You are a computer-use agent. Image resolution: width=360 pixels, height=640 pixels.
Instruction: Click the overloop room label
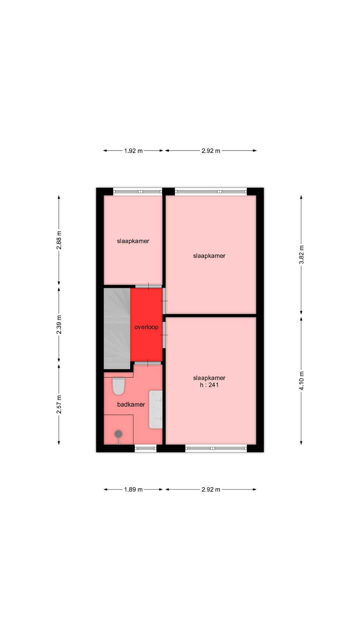[x=146, y=327]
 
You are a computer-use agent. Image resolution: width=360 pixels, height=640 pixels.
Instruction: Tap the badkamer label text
[x=131, y=404]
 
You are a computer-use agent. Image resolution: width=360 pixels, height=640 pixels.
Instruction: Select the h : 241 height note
[x=209, y=385]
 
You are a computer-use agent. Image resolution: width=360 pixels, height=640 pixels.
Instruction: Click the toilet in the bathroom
[x=118, y=386]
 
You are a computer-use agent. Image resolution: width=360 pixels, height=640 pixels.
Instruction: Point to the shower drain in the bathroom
[x=118, y=434]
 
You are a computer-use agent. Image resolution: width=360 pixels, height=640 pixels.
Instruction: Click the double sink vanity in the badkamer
[x=156, y=409]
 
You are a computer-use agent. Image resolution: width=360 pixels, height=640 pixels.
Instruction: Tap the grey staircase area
[x=117, y=329]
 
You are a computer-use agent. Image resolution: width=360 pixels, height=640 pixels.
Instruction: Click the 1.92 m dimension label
[x=133, y=151]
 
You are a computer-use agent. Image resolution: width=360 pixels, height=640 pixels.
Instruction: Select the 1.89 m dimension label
[x=133, y=489]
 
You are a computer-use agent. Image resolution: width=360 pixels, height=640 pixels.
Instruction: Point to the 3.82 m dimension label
[x=301, y=255]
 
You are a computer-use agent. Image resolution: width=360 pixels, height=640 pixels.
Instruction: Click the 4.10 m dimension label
[x=301, y=381]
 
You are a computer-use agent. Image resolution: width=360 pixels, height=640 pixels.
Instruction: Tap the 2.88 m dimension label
[x=59, y=240]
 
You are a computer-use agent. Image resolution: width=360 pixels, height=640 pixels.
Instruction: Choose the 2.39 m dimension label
[x=59, y=325]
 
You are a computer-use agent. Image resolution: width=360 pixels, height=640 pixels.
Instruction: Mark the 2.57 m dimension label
[x=59, y=405]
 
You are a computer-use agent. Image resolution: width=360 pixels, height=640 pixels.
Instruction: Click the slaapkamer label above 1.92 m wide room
[x=133, y=241]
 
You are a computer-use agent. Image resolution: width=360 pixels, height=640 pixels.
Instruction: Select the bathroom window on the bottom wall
[x=146, y=448]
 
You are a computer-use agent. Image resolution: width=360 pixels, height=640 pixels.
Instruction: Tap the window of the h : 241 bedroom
[x=216, y=448]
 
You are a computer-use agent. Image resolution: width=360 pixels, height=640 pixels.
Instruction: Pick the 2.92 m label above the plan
[x=211, y=151]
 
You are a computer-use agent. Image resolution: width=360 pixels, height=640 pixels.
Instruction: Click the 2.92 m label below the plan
[x=211, y=489]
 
